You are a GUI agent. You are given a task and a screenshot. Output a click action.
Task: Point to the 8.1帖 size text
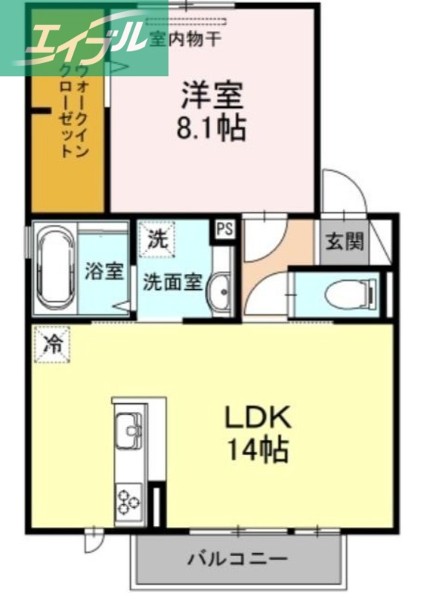[x=212, y=129]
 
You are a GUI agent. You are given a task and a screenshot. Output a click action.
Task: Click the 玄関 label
[x=344, y=242]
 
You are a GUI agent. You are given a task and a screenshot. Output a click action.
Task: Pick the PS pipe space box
[x=224, y=228]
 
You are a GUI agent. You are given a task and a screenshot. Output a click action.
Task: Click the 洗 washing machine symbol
[x=156, y=240]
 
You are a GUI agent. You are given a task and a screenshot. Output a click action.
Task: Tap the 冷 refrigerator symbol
[x=52, y=344]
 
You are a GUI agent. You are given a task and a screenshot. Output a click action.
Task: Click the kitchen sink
[x=129, y=431]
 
